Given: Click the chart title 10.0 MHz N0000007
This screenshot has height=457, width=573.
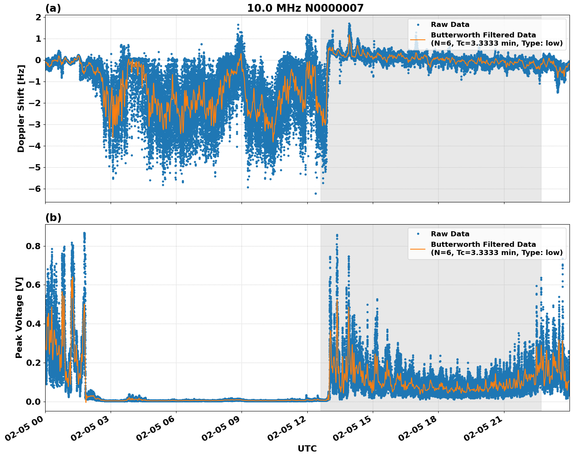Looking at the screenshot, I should coord(305,8).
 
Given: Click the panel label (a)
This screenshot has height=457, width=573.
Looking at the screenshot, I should coord(53,8).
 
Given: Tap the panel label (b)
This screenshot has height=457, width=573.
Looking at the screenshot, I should coord(53,218).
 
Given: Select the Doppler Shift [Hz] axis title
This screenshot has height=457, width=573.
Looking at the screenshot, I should coord(21,109).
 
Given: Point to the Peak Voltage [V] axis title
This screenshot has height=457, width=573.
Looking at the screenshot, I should coord(19,317).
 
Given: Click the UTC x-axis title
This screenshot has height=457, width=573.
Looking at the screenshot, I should coord(307,448).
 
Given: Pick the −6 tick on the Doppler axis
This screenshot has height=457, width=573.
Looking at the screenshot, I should coord(35,189).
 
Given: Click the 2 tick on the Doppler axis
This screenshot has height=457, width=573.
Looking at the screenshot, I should coord(38,18).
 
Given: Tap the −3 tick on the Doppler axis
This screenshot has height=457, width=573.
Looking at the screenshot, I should coord(35,125).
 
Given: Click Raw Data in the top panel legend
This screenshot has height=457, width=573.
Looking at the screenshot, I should coord(450,25).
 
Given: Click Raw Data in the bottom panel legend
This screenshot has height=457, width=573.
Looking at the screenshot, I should coord(450,234).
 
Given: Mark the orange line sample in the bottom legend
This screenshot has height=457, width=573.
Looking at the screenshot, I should coord(418,248).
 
